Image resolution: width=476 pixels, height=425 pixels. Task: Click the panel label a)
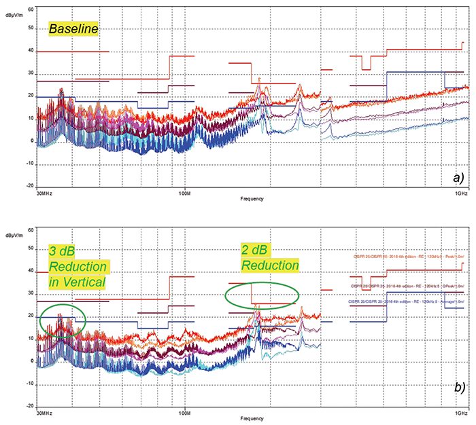pyautogui.click(x=457, y=178)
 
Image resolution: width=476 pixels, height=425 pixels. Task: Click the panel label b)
pyautogui.click(x=457, y=388)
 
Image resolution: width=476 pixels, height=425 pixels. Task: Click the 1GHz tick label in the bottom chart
pyautogui.click(x=461, y=412)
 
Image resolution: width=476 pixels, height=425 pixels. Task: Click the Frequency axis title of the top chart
pyautogui.click(x=252, y=199)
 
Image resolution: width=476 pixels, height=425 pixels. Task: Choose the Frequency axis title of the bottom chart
pyautogui.click(x=252, y=419)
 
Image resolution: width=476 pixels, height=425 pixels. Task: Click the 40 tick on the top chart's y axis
pyautogui.click(x=30, y=51)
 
